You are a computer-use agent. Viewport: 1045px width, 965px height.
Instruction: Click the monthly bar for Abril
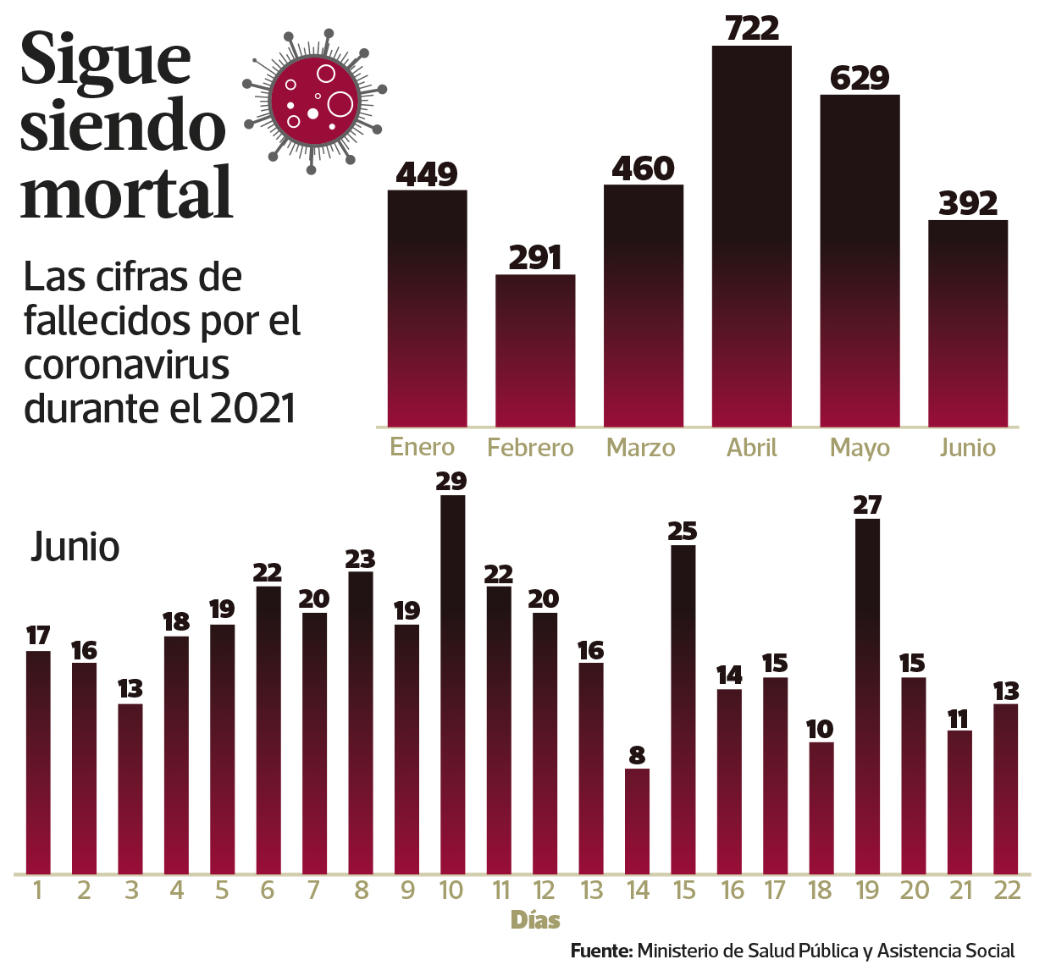click(751, 237)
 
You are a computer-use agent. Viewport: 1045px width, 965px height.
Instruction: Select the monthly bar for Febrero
click(535, 350)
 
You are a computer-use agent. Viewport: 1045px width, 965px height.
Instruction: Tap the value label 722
click(752, 29)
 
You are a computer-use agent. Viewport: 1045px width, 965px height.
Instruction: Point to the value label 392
click(968, 203)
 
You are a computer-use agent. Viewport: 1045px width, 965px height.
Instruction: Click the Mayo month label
click(860, 447)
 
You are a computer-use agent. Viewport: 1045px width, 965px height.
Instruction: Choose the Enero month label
click(422, 446)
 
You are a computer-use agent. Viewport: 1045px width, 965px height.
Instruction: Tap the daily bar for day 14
click(637, 820)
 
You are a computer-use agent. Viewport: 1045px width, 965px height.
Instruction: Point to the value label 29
click(451, 481)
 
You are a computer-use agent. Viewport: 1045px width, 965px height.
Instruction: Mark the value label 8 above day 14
click(637, 754)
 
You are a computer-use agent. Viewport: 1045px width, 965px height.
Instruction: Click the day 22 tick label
click(1006, 890)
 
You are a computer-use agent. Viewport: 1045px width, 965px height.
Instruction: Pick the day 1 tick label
click(37, 890)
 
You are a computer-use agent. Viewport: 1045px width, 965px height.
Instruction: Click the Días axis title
click(535, 920)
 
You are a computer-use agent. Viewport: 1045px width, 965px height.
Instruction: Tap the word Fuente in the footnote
click(601, 951)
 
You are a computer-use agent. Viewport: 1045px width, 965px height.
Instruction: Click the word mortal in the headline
click(127, 193)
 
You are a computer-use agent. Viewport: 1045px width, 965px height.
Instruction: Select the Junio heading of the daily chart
click(75, 547)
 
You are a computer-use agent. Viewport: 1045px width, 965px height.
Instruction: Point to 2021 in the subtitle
click(253, 409)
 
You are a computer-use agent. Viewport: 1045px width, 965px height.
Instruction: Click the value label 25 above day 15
click(683, 531)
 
